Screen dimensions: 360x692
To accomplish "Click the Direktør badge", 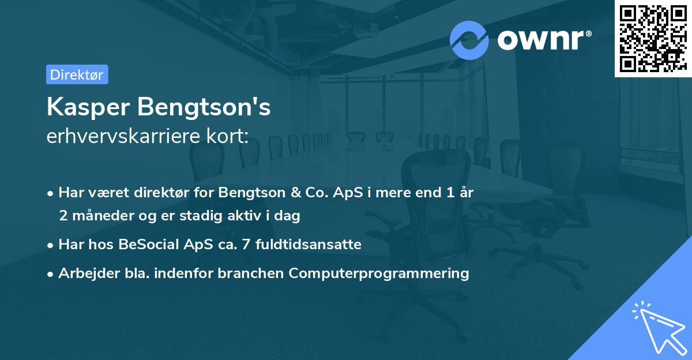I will point(77,74).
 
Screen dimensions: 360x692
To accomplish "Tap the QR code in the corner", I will point(652,37).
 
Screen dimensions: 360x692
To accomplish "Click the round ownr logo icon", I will point(469,40).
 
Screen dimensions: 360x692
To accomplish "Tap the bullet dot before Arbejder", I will point(51,273).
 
